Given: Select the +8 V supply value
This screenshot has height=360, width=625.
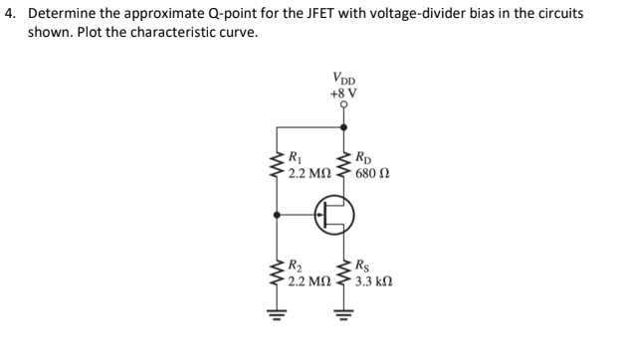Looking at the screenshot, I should pos(344,93).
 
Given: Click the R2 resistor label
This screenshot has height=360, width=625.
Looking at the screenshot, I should pos(293,266).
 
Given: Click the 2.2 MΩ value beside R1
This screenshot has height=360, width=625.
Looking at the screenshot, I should pos(311,171).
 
